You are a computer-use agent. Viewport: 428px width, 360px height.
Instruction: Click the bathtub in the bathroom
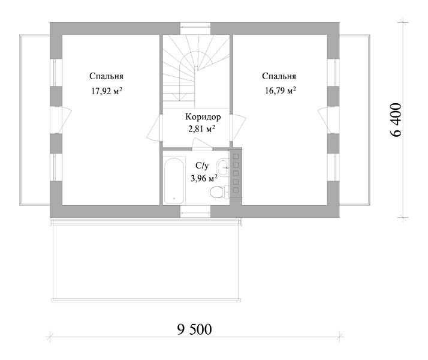click(174, 181)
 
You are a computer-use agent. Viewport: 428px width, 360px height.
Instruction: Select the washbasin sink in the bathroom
click(223, 167)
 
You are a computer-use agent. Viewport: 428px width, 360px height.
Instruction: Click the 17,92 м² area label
click(107, 91)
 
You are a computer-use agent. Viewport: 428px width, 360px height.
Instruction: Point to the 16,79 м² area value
click(281, 90)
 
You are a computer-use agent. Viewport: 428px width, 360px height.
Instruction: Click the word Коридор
click(203, 117)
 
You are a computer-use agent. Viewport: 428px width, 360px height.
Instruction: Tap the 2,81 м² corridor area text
click(202, 128)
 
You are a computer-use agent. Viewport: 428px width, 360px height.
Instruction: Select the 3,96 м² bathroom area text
click(204, 179)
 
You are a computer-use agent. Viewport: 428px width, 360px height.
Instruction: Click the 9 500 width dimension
click(194, 329)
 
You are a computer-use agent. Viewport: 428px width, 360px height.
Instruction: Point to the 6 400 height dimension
click(396, 119)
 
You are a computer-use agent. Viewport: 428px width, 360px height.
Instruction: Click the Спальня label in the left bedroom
click(106, 76)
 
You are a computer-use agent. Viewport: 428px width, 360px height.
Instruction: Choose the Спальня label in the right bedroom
click(279, 76)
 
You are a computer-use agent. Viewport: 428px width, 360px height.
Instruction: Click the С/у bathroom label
click(202, 166)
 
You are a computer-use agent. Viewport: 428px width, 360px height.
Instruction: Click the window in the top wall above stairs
click(195, 29)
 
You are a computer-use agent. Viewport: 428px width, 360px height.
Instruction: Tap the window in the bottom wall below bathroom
click(195, 211)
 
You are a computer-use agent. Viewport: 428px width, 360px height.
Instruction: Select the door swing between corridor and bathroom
click(202, 144)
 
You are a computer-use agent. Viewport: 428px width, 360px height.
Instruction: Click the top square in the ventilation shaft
click(236, 157)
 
